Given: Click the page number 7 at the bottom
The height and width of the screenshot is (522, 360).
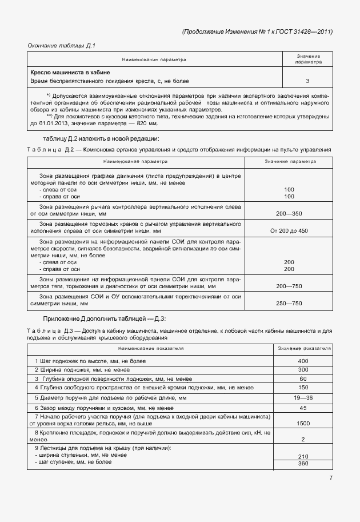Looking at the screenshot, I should point(330,478).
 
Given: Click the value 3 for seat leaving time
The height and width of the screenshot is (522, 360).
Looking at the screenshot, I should point(307,81).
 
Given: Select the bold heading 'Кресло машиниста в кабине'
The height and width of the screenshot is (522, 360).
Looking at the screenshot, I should point(70,73).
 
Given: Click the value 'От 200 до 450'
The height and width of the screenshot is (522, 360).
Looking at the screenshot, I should point(289,230).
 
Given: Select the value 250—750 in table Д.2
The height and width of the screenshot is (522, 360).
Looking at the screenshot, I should point(289,303).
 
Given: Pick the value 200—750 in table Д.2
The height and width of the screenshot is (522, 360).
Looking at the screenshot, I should point(289,285).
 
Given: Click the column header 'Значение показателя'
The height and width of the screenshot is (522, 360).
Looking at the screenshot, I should point(303,348).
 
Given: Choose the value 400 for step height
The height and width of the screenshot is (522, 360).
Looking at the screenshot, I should point(303,361).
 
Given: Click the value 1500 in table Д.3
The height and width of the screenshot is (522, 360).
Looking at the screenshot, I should point(303,424).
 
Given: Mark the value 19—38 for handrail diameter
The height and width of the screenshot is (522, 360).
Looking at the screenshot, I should point(303,397).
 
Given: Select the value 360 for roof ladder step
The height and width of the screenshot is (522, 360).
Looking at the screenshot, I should point(303,463).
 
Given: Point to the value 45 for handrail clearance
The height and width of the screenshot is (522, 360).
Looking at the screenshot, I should point(303,408).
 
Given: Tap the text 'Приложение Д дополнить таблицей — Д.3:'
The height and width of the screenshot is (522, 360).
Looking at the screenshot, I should point(105,318).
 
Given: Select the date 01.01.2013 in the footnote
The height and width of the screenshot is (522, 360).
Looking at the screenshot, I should point(54,123).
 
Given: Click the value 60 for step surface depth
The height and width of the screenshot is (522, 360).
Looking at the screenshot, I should point(303,378).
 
